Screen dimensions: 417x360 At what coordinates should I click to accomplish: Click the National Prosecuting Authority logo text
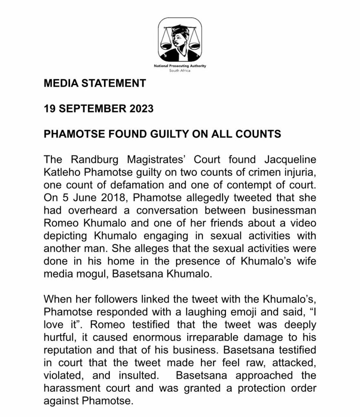tap(179, 66)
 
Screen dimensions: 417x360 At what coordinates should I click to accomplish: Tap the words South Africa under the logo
tap(179, 70)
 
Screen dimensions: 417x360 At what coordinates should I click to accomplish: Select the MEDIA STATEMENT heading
tap(95, 83)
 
